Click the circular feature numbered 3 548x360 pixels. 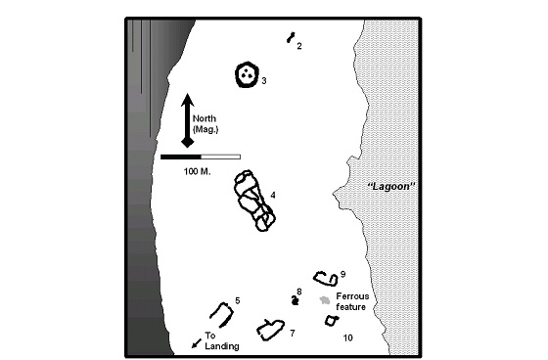pyautogui.click(x=237, y=74)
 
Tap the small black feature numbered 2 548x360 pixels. pyautogui.click(x=291, y=37)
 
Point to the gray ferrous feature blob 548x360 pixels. pyautogui.click(x=325, y=300)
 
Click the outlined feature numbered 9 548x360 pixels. pyautogui.click(x=315, y=279)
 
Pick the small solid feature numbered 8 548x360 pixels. pyautogui.click(x=296, y=300)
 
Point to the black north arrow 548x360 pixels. pyautogui.click(x=188, y=120)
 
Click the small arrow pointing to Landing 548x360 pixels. pyautogui.click(x=197, y=343)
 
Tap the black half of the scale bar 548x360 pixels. pyautogui.click(x=181, y=157)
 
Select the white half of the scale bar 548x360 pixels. pyautogui.click(x=221, y=157)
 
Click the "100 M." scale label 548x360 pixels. pyautogui.click(x=197, y=171)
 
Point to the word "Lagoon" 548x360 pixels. pyautogui.click(x=391, y=186)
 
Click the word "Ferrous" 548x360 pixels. pyautogui.click(x=352, y=296)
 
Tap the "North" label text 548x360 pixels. pyautogui.click(x=205, y=118)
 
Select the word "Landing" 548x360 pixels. pyautogui.click(x=222, y=346)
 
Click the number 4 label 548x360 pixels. pyautogui.click(x=273, y=195)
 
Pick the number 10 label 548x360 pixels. pyautogui.click(x=347, y=337)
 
